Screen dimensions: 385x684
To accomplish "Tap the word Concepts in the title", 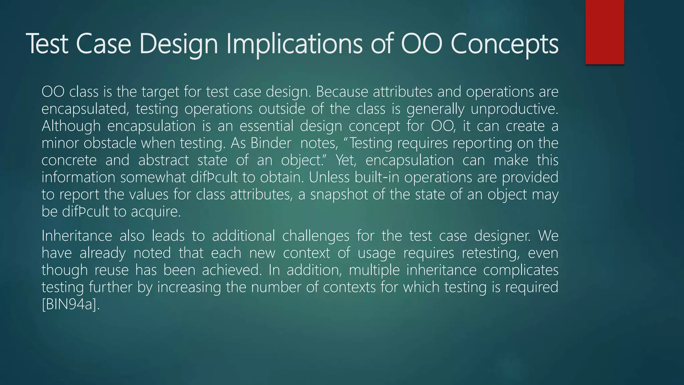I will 504,44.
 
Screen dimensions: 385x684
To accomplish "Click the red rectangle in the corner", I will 605,32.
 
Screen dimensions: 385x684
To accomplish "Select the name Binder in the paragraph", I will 271,143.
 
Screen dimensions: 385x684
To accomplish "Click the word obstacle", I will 110,143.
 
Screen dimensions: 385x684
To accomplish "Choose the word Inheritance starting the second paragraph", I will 76,236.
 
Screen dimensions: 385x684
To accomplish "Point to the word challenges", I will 316,236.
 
